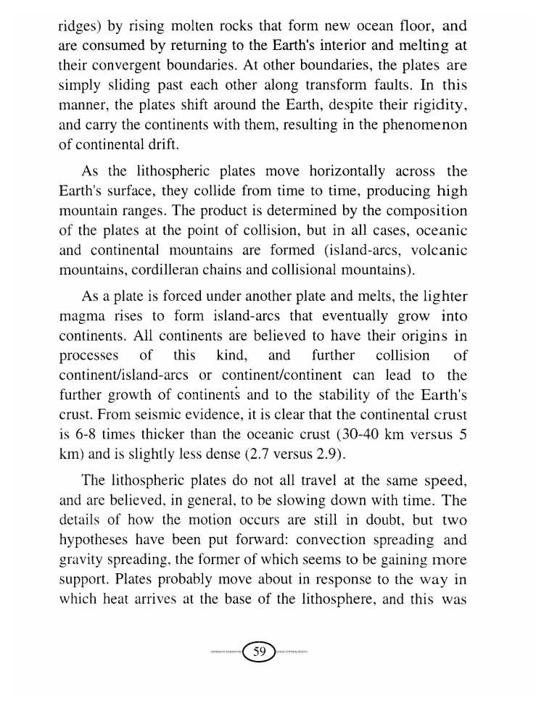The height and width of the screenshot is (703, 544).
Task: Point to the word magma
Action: pyautogui.click(x=83, y=317)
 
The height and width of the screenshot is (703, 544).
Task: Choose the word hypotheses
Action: pyautogui.click(x=96, y=541)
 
